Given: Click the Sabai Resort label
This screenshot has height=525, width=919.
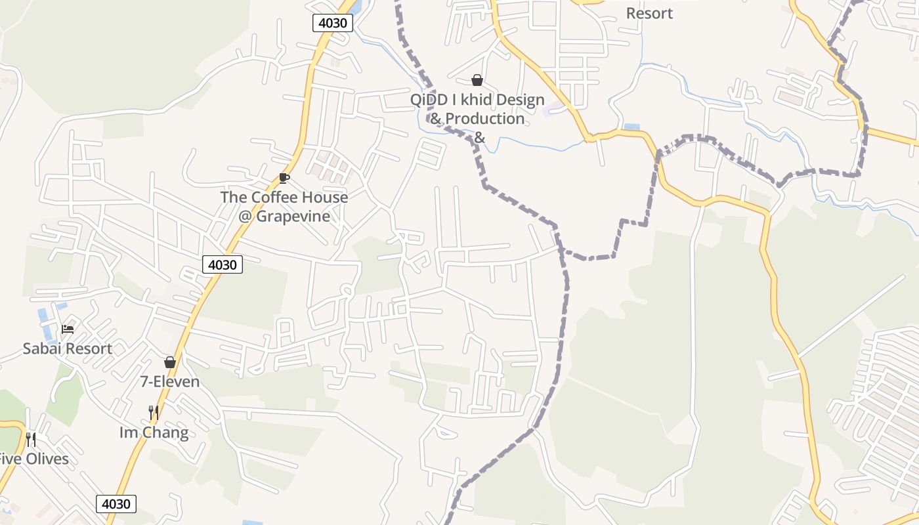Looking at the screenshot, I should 68,348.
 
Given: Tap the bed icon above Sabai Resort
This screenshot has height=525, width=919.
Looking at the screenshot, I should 68,329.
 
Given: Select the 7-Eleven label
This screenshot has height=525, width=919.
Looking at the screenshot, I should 170,381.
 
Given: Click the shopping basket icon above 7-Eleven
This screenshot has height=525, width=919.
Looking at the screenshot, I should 170,362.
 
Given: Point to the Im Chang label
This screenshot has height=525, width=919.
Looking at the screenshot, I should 154,432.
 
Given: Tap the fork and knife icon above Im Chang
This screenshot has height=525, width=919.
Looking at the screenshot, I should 154,412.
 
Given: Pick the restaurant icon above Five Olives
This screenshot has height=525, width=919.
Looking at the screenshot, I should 31,439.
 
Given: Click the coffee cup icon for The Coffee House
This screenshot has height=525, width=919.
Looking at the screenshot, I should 284,178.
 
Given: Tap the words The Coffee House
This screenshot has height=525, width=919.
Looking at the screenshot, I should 284,197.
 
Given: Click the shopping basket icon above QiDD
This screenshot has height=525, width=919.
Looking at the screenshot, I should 477,80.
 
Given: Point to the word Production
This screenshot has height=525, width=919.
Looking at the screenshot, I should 486,119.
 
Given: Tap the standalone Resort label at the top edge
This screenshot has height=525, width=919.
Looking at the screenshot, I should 649,13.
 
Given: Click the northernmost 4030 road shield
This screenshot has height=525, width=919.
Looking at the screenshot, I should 333,23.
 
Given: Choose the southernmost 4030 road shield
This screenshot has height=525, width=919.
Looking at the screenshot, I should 117,504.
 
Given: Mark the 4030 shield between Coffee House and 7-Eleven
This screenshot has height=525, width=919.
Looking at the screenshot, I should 223,264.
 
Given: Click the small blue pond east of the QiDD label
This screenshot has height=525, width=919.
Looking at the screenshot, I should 631,127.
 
